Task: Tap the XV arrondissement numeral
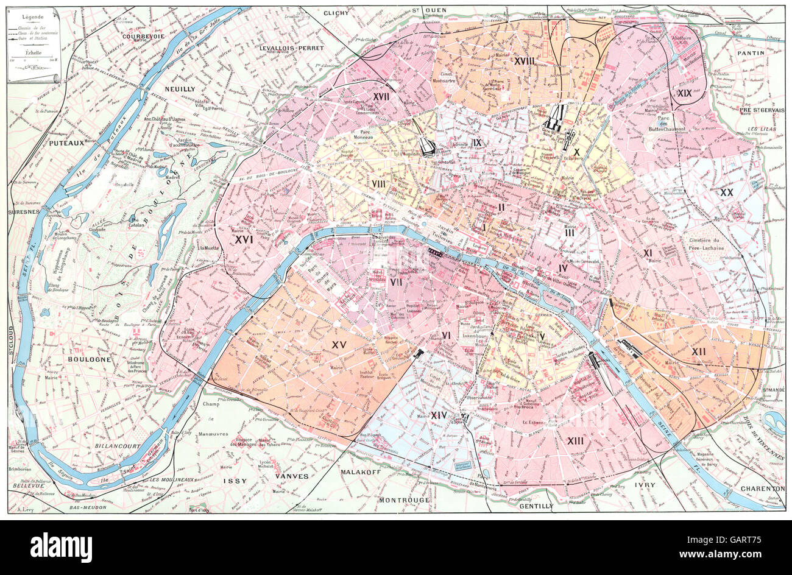click(338, 345)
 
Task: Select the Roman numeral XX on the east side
click(726, 192)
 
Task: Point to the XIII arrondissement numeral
click(575, 440)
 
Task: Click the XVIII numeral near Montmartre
click(523, 61)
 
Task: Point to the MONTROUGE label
click(404, 499)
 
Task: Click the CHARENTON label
click(762, 489)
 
